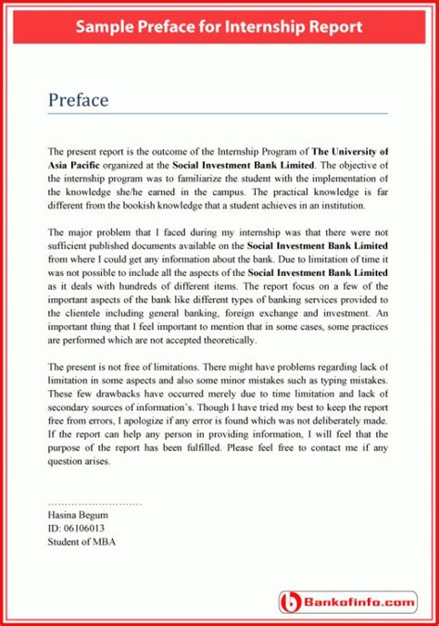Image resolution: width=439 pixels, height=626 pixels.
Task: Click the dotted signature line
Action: click(x=94, y=501)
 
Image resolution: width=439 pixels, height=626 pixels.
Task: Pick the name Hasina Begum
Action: click(x=77, y=514)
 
